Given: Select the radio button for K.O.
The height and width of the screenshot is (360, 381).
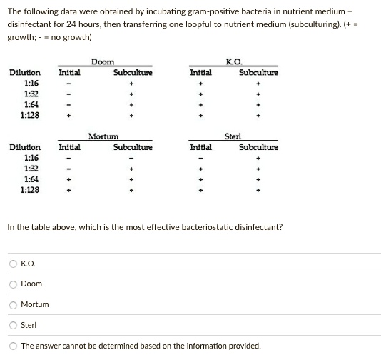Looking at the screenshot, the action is tap(12, 264).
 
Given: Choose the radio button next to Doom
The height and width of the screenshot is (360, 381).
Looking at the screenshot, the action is tap(12, 284).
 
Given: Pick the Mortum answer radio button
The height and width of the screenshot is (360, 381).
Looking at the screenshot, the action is tap(12, 304).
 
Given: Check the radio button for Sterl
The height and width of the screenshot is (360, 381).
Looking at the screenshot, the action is tap(12, 325).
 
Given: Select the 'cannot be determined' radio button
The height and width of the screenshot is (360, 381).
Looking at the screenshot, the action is tap(12, 346).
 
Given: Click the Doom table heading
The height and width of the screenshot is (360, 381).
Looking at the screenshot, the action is tap(103, 63).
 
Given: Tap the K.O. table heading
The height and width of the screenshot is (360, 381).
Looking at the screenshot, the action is tap(233, 63).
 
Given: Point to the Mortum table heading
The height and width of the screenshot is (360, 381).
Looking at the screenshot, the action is tap(103, 136).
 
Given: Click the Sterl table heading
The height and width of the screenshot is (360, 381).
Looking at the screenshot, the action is tap(233, 136).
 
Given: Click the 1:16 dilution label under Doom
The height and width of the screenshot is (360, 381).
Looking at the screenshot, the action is tap(31, 83).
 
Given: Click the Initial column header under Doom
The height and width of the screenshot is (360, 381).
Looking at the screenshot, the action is tap(69, 73).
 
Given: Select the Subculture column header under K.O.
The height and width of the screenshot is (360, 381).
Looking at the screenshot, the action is tap(258, 73).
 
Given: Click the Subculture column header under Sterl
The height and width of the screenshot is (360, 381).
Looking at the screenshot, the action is tap(258, 147).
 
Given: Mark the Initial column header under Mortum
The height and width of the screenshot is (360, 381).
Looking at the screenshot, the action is tap(69, 147).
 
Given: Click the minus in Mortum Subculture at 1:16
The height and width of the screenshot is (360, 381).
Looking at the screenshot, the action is tap(132, 159).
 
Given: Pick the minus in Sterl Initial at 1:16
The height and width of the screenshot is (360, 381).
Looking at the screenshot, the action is tap(200, 159).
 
